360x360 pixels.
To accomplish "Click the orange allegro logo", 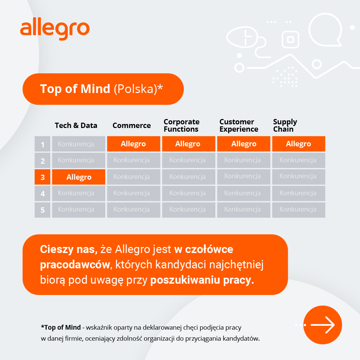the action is click(55, 29).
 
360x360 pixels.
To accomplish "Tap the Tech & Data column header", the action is click(76, 125).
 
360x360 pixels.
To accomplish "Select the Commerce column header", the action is click(132, 125).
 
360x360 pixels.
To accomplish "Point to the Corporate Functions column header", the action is click(181, 125).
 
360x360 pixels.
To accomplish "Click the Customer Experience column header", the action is click(239, 125).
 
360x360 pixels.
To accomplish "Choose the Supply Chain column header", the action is click(285, 125).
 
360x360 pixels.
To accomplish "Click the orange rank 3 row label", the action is click(43, 177).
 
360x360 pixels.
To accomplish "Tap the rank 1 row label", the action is click(43, 144).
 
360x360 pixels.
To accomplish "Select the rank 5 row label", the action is click(43, 210).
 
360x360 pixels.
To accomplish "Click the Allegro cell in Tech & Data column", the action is click(79, 177).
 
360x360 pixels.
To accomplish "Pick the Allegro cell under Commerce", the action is click(134, 144).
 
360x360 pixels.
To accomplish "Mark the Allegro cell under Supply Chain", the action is click(299, 144).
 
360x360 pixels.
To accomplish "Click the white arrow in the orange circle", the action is click(323, 325).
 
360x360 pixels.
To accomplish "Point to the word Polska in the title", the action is click(135, 89).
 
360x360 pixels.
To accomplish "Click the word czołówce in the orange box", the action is click(209, 249).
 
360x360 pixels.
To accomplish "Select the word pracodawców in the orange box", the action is click(75, 265).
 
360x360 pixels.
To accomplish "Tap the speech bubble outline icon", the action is click(325, 30).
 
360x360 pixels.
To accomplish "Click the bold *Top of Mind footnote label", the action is click(61, 327).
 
